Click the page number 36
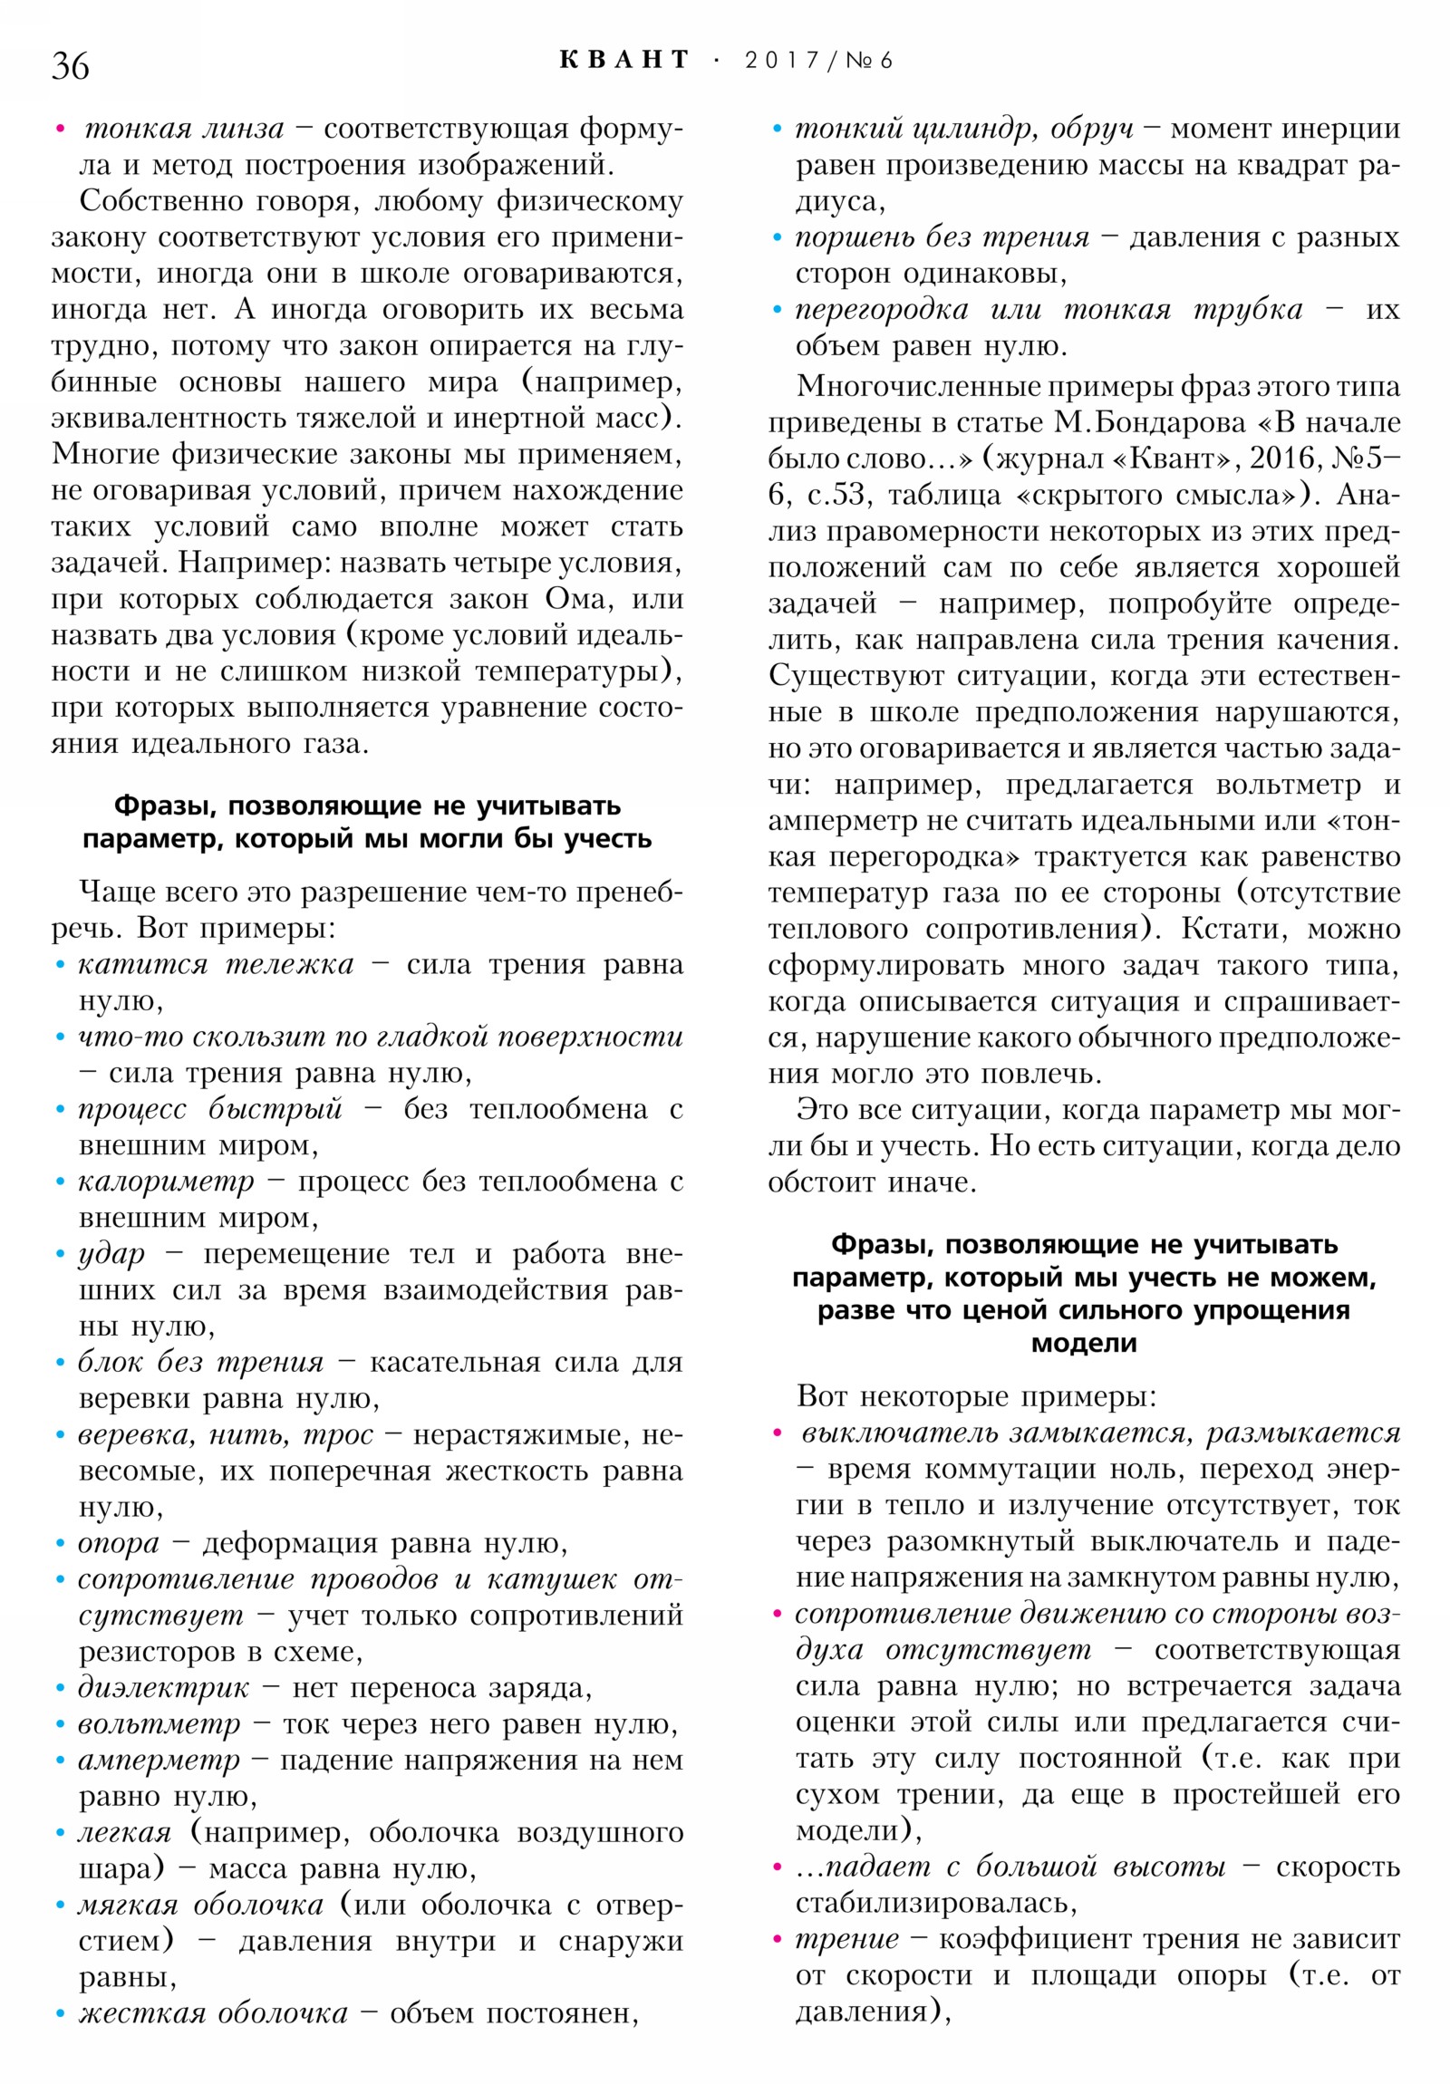[x=70, y=66]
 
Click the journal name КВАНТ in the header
[x=623, y=60]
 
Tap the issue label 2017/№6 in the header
[x=818, y=60]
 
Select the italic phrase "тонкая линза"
[x=184, y=129]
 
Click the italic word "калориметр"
[x=165, y=1181]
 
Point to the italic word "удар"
[x=111, y=1253]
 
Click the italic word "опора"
[x=118, y=1543]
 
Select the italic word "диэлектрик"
[x=162, y=1687]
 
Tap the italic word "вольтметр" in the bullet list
[x=159, y=1723]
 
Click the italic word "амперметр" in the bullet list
[x=159, y=1760]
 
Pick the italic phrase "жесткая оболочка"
[x=212, y=2013]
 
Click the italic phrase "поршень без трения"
[x=942, y=237]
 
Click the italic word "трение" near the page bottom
[x=846, y=1939]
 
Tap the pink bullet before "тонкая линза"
[x=60, y=129]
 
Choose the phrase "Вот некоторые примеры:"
[x=976, y=1395]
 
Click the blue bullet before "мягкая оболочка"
[x=60, y=1906]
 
